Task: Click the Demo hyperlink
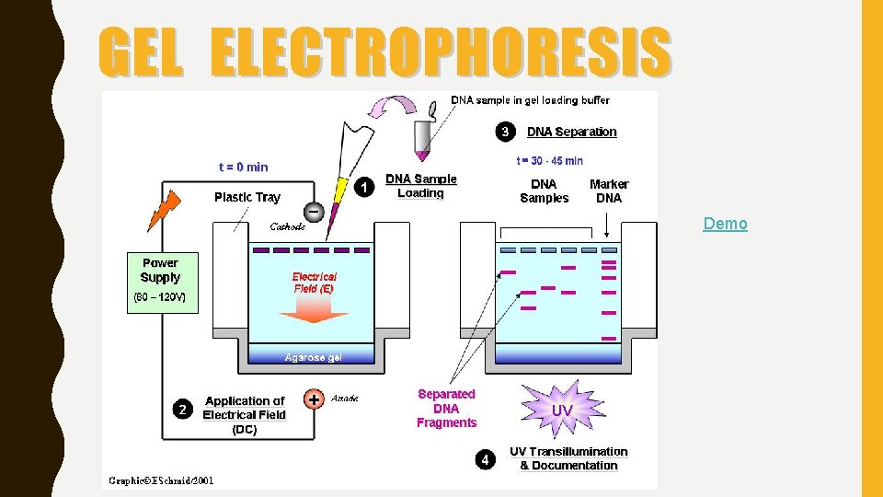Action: pyautogui.click(x=725, y=224)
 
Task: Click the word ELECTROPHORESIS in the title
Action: pyautogui.click(x=441, y=52)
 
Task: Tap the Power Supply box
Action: pyautogui.click(x=161, y=283)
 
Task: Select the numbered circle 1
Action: pyautogui.click(x=365, y=187)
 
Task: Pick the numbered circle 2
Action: pyautogui.click(x=183, y=409)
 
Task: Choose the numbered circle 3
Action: pyautogui.click(x=505, y=132)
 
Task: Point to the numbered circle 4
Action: pyautogui.click(x=487, y=458)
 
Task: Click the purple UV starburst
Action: pyautogui.click(x=562, y=409)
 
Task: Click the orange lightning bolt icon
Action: pyautogui.click(x=160, y=207)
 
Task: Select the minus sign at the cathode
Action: pyautogui.click(x=314, y=212)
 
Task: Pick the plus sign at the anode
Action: pyautogui.click(x=314, y=399)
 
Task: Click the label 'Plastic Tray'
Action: pyautogui.click(x=247, y=197)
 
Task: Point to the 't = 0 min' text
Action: pyautogui.click(x=244, y=167)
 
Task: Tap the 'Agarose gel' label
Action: pyautogui.click(x=314, y=357)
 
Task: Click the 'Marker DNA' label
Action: pyautogui.click(x=609, y=191)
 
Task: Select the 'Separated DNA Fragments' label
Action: pyautogui.click(x=446, y=409)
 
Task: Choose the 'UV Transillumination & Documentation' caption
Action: pyautogui.click(x=568, y=458)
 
